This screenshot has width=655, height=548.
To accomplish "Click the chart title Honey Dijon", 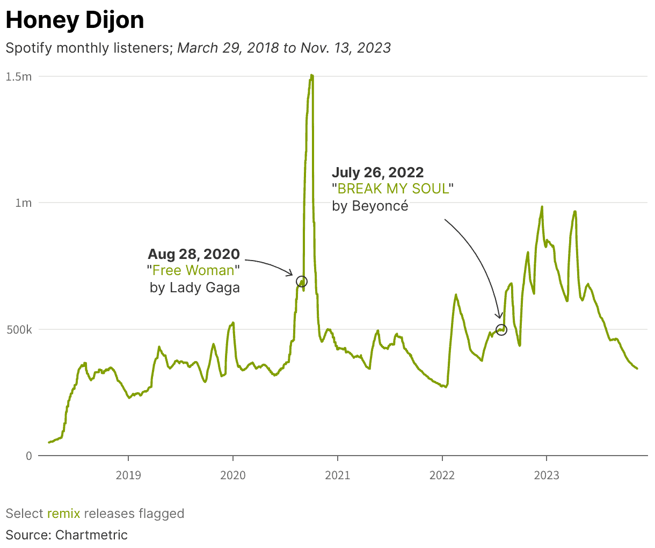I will click(x=75, y=20).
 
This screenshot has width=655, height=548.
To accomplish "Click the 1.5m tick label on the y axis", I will click(x=19, y=77).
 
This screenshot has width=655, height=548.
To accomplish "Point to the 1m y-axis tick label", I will click(x=24, y=203).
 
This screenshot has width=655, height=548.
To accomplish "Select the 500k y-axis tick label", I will click(x=19, y=329).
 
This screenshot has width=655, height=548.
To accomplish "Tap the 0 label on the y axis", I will click(x=29, y=456).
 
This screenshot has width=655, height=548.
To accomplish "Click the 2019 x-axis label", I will click(x=128, y=475).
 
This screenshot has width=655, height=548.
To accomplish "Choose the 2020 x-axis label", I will click(x=233, y=475).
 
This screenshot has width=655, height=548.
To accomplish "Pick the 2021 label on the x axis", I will click(x=338, y=475).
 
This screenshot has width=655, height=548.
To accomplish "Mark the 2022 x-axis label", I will click(x=442, y=475).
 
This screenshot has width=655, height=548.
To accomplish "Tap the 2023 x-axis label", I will click(x=547, y=475).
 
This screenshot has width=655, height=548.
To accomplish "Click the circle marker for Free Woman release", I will click(x=302, y=282).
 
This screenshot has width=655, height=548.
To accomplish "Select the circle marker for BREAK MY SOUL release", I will click(x=501, y=329).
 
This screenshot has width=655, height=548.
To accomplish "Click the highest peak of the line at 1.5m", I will click(x=311, y=77).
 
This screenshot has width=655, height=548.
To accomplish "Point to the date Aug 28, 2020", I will click(x=194, y=254).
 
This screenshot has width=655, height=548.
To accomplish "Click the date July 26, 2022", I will click(x=377, y=172).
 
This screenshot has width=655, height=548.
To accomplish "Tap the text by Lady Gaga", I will click(x=195, y=287).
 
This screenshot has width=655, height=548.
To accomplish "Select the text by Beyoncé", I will click(x=370, y=206).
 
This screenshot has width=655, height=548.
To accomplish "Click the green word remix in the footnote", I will click(x=63, y=514).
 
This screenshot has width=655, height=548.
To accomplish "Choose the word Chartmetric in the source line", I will click(x=91, y=535).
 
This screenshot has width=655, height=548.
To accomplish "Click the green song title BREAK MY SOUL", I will click(x=393, y=189).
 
